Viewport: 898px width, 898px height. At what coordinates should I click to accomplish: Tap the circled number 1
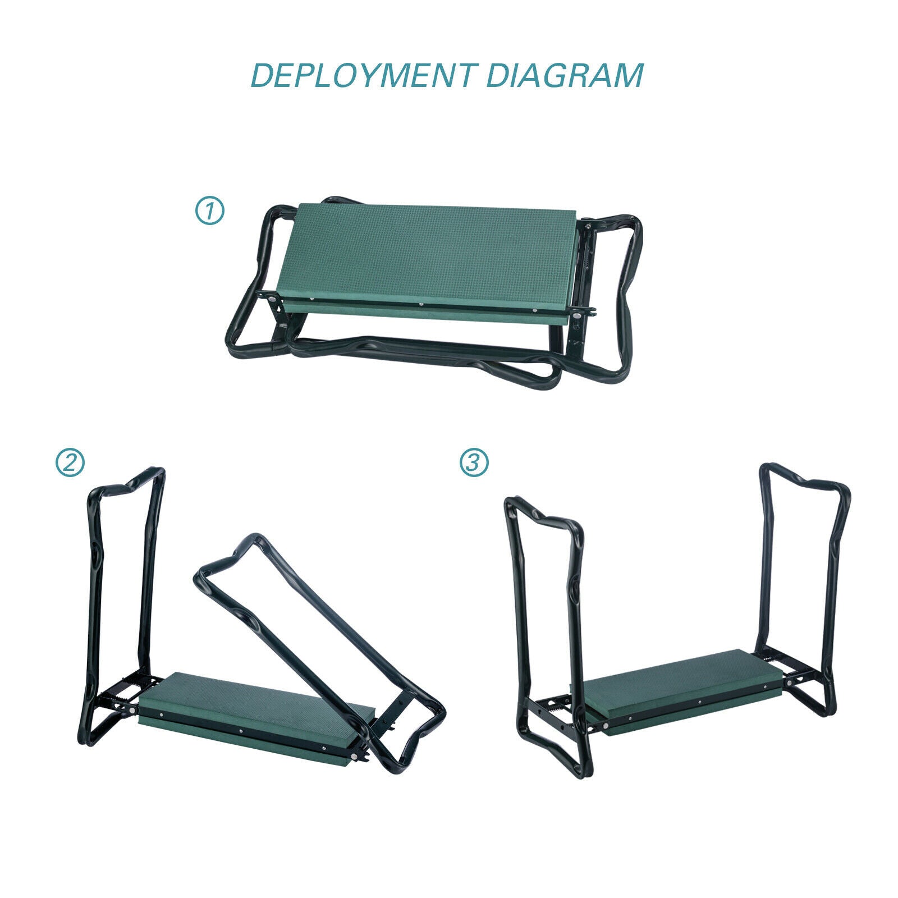209,211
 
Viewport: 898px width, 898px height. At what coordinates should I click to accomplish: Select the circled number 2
70,462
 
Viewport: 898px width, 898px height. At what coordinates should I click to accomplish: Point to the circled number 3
474,462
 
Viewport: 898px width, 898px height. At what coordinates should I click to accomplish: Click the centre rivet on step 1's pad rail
421,305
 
